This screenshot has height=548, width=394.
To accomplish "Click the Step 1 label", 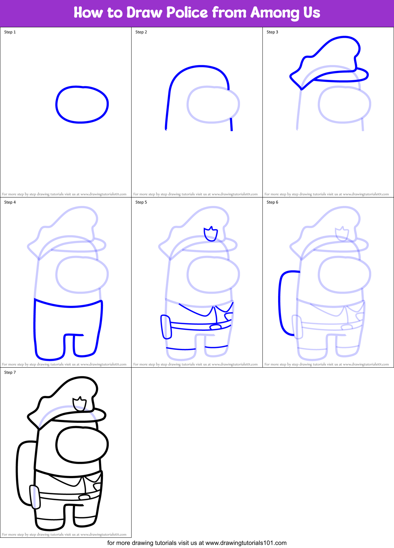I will point(10,32).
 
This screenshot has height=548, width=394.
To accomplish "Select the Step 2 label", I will point(141,32).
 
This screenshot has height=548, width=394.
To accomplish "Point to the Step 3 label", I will point(272,32).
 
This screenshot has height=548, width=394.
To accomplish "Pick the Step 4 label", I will point(10,202).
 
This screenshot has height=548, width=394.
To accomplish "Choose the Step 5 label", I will point(141,202).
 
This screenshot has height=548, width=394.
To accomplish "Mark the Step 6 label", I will point(272,202).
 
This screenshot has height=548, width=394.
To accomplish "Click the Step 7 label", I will point(10,372).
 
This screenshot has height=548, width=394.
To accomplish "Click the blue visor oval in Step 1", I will point(82,104).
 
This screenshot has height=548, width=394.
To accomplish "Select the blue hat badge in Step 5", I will point(211,234).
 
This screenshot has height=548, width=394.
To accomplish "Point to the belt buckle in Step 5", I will point(215,327).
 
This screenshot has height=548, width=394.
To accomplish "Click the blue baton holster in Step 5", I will point(166,327).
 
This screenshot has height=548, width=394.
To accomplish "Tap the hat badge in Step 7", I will point(79,404).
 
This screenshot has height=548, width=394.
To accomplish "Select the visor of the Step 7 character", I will point(82,445).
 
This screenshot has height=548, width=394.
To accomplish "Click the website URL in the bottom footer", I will point(246,543).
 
